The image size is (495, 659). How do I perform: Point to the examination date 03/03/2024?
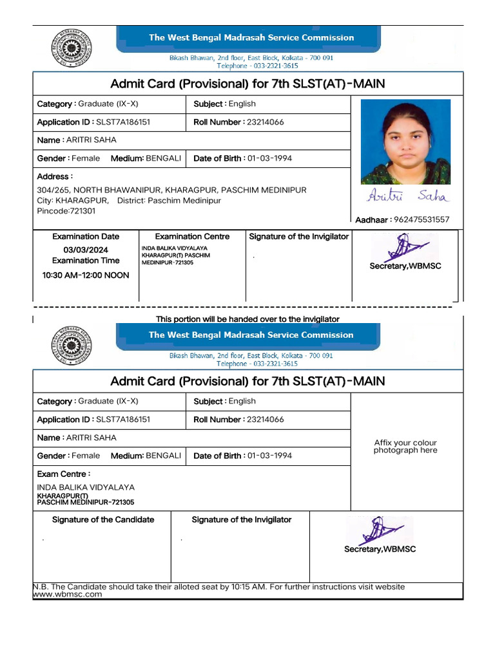click(86, 250)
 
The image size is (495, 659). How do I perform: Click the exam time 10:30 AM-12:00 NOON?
click(86, 275)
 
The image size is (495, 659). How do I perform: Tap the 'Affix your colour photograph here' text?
click(405, 447)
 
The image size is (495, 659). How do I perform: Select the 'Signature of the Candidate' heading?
click(103, 519)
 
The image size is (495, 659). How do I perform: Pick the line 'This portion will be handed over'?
click(247, 319)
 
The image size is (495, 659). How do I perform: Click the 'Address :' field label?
click(55, 176)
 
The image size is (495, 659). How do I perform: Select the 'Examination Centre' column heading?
click(192, 236)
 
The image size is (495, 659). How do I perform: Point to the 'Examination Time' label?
click(86, 261)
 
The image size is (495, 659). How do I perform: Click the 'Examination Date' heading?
click(86, 236)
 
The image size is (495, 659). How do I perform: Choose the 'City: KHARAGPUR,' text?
click(73, 201)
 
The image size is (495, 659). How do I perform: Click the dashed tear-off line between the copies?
click(245, 308)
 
